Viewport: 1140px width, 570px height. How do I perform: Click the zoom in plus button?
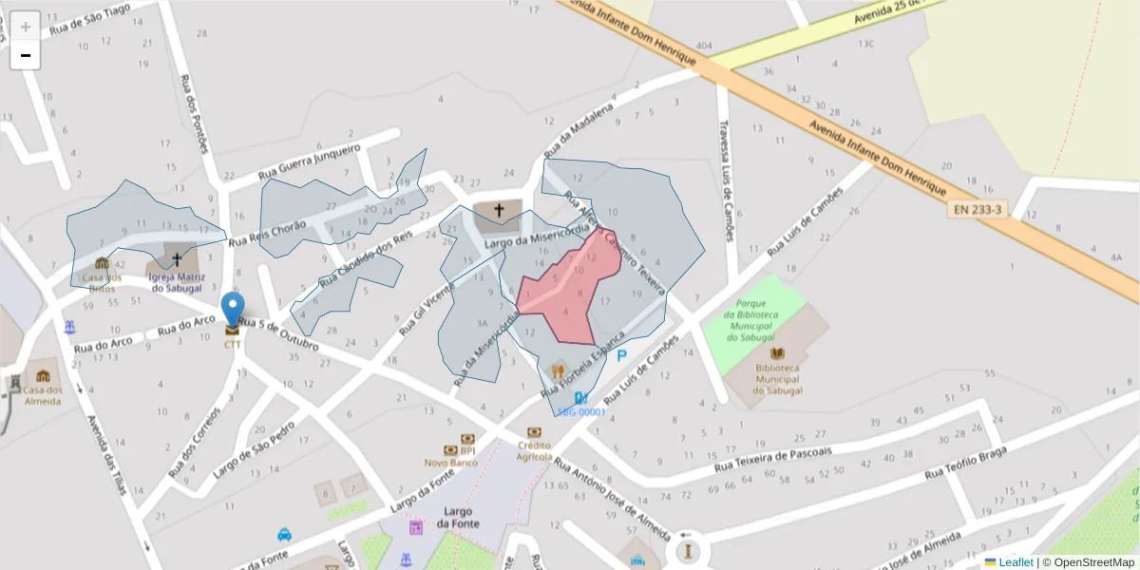point(25,26)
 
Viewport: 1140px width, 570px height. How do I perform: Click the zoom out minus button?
point(25,55)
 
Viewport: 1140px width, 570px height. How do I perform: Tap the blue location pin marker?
point(232,310)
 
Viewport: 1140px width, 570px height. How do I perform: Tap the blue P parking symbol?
point(622,356)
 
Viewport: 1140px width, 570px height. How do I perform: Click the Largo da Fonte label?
point(460,517)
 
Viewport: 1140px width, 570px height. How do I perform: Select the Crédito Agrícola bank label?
point(534,450)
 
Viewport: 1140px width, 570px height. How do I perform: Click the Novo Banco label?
point(450,462)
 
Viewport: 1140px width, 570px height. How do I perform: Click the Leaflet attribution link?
point(1014,562)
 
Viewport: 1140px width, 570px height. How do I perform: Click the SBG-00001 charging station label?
point(581,411)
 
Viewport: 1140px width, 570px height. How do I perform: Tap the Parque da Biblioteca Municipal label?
point(752,319)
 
